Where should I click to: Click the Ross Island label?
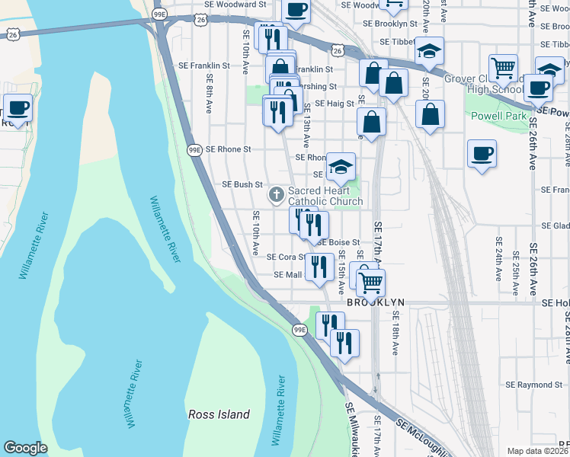point(219,414)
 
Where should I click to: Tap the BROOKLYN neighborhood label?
point(375,302)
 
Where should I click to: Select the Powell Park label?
point(498,117)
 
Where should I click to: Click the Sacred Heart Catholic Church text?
point(325,196)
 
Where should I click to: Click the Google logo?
point(25,448)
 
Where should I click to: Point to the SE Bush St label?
point(242,184)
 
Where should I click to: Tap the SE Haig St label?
point(335,104)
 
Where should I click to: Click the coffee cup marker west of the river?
point(18,107)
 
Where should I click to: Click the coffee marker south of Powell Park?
point(482,152)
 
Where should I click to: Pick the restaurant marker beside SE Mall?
point(319,267)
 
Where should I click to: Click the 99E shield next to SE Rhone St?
point(195,150)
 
